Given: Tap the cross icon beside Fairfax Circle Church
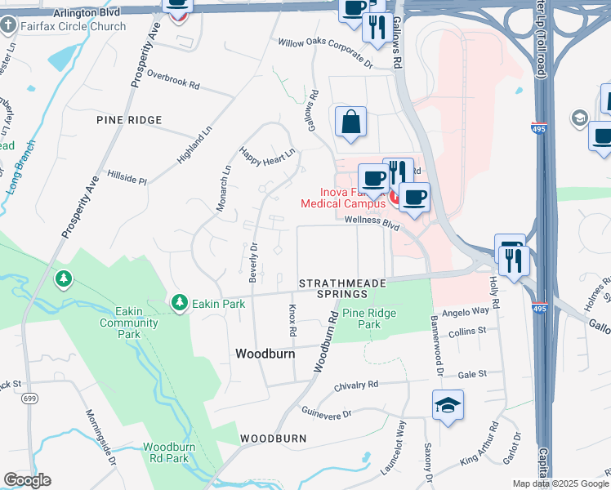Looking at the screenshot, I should click(x=9, y=26).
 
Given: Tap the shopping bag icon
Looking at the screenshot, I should click(x=350, y=122).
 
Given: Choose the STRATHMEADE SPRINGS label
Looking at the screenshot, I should click(x=341, y=287).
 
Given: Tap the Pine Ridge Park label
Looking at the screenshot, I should click(x=368, y=318).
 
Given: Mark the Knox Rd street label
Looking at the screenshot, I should click(x=292, y=321).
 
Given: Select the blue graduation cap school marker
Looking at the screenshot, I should click(x=448, y=405).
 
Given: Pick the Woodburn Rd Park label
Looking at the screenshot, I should click(x=177, y=452).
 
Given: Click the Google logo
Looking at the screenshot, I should click(x=27, y=480).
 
